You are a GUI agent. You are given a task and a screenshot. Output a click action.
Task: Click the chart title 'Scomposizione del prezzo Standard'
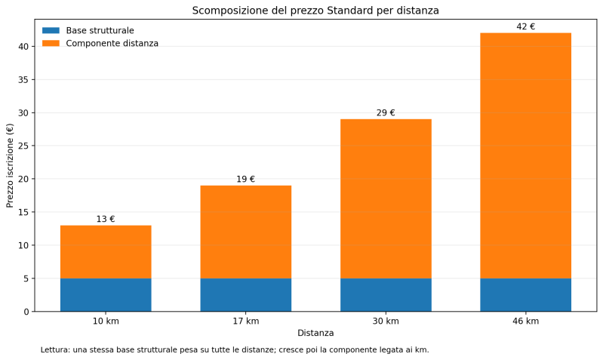coord(315,11)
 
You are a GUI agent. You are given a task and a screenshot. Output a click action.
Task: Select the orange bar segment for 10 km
coord(106,251)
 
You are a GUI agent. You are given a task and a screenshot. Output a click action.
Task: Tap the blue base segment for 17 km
coord(245,294)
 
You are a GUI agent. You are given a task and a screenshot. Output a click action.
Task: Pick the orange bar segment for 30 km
coord(386,198)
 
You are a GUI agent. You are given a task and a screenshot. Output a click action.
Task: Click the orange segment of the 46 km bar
coord(525,155)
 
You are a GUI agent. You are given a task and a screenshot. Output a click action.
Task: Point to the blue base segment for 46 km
coord(525,294)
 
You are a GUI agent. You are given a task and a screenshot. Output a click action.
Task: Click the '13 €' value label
coord(106,219)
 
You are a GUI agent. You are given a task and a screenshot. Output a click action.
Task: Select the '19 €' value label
coord(245,179)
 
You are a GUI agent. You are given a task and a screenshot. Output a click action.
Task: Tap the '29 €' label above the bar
coord(386,112)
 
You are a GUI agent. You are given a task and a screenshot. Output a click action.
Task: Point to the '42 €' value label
coord(525,26)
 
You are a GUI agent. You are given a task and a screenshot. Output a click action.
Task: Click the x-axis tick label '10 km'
coord(106,321)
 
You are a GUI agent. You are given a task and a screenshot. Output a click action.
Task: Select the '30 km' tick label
coord(386,321)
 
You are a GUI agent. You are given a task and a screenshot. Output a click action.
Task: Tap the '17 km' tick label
coord(245,321)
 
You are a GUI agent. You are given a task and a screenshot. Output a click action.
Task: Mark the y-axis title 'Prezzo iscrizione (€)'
coord(10,165)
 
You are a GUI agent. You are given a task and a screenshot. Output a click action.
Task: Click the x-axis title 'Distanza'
coord(315,333)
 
